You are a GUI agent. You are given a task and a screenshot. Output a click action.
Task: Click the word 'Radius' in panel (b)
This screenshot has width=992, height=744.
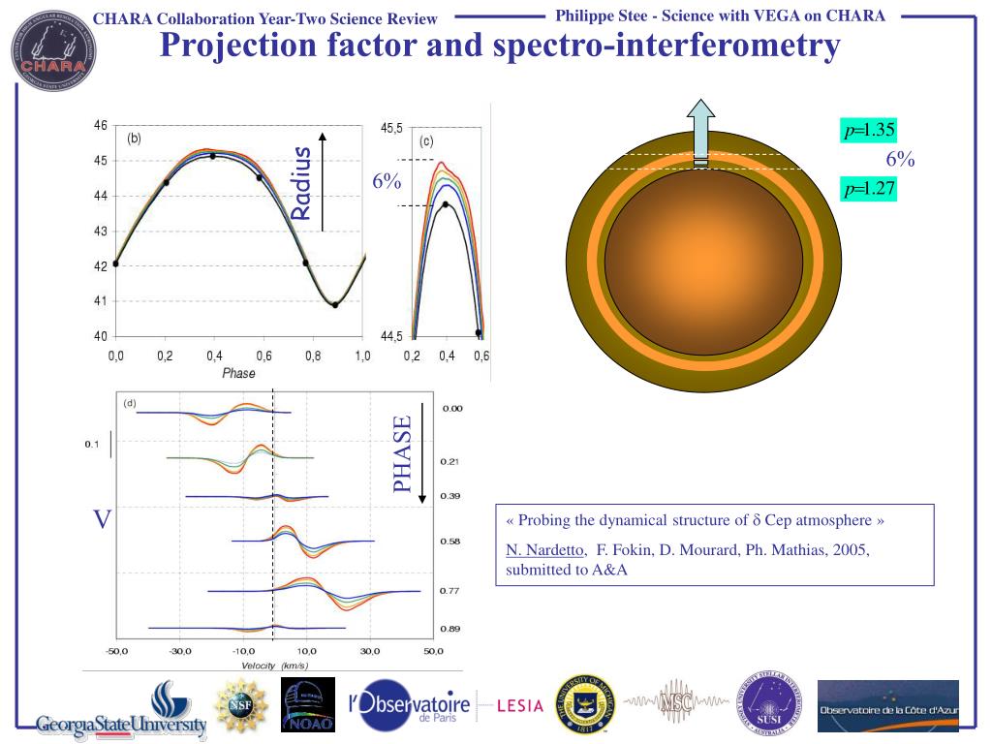(301, 183)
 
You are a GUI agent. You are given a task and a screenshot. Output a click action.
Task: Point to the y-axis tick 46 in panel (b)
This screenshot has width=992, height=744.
(101, 126)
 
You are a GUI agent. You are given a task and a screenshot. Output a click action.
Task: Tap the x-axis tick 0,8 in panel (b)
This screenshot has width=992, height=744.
(313, 356)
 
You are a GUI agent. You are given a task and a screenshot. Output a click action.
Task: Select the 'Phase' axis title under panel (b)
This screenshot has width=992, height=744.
(238, 374)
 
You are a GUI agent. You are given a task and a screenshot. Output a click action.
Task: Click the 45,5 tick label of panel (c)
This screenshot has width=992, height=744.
(392, 128)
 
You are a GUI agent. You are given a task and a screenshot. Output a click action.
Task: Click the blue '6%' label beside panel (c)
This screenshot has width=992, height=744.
(387, 180)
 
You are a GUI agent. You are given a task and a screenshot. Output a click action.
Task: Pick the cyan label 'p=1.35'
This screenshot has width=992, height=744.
(868, 130)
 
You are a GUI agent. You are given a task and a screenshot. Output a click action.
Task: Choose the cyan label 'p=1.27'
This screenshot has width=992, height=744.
(868, 189)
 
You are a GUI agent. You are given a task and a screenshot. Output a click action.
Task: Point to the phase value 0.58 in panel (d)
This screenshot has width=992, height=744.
(450, 542)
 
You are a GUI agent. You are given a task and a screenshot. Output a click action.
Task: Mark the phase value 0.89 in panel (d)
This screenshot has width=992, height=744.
(450, 630)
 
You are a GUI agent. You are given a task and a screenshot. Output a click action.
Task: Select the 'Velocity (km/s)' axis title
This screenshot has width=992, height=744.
(274, 666)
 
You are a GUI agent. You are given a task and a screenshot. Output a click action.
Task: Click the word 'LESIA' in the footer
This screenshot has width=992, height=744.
(519, 706)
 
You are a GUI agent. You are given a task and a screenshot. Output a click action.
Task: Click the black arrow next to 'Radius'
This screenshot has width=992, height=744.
(323, 181)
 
